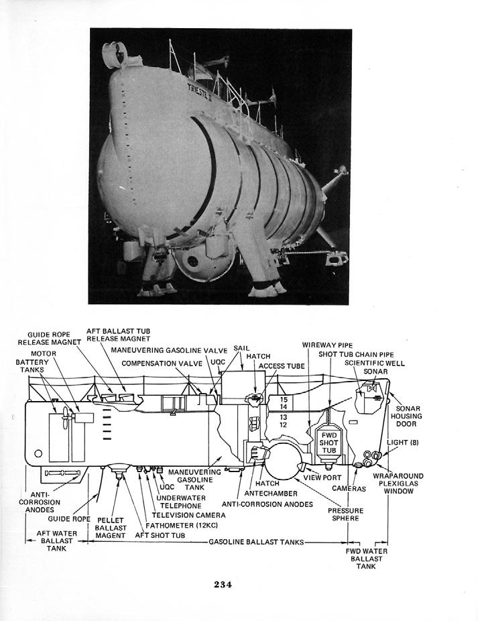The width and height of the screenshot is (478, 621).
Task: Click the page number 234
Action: [x=223, y=584]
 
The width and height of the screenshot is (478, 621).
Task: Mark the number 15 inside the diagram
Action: [x=283, y=399]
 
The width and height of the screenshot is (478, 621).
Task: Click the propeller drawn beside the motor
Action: [x=64, y=418]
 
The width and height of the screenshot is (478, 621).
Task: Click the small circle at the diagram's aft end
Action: [x=38, y=453]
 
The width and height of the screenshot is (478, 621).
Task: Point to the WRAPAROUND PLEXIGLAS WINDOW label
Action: [x=404, y=484]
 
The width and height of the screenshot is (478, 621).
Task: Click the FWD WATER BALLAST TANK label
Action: [x=366, y=559]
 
